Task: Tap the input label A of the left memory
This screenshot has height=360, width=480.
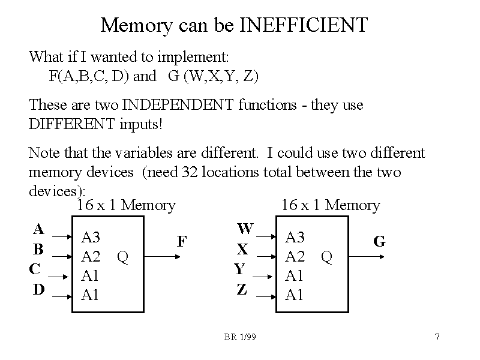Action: [x=38, y=229]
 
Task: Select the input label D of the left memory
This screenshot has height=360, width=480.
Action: [x=38, y=289]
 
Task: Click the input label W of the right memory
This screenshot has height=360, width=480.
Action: [x=245, y=229]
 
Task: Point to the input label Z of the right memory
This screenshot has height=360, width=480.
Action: [x=241, y=289]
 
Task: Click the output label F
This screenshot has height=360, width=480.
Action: [x=182, y=241]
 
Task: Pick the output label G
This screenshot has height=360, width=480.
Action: [x=379, y=241]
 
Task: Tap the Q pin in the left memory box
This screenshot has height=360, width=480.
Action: [x=122, y=257]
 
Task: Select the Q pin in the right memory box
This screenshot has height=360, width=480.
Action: [x=326, y=257]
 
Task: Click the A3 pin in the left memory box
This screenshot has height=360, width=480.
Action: [x=91, y=237]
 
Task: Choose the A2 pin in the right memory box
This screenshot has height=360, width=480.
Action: [x=295, y=257]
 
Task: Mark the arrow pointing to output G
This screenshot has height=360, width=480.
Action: [x=366, y=256]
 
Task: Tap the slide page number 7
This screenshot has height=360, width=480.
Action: [x=437, y=337]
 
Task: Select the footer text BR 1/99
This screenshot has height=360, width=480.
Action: [x=240, y=337]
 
